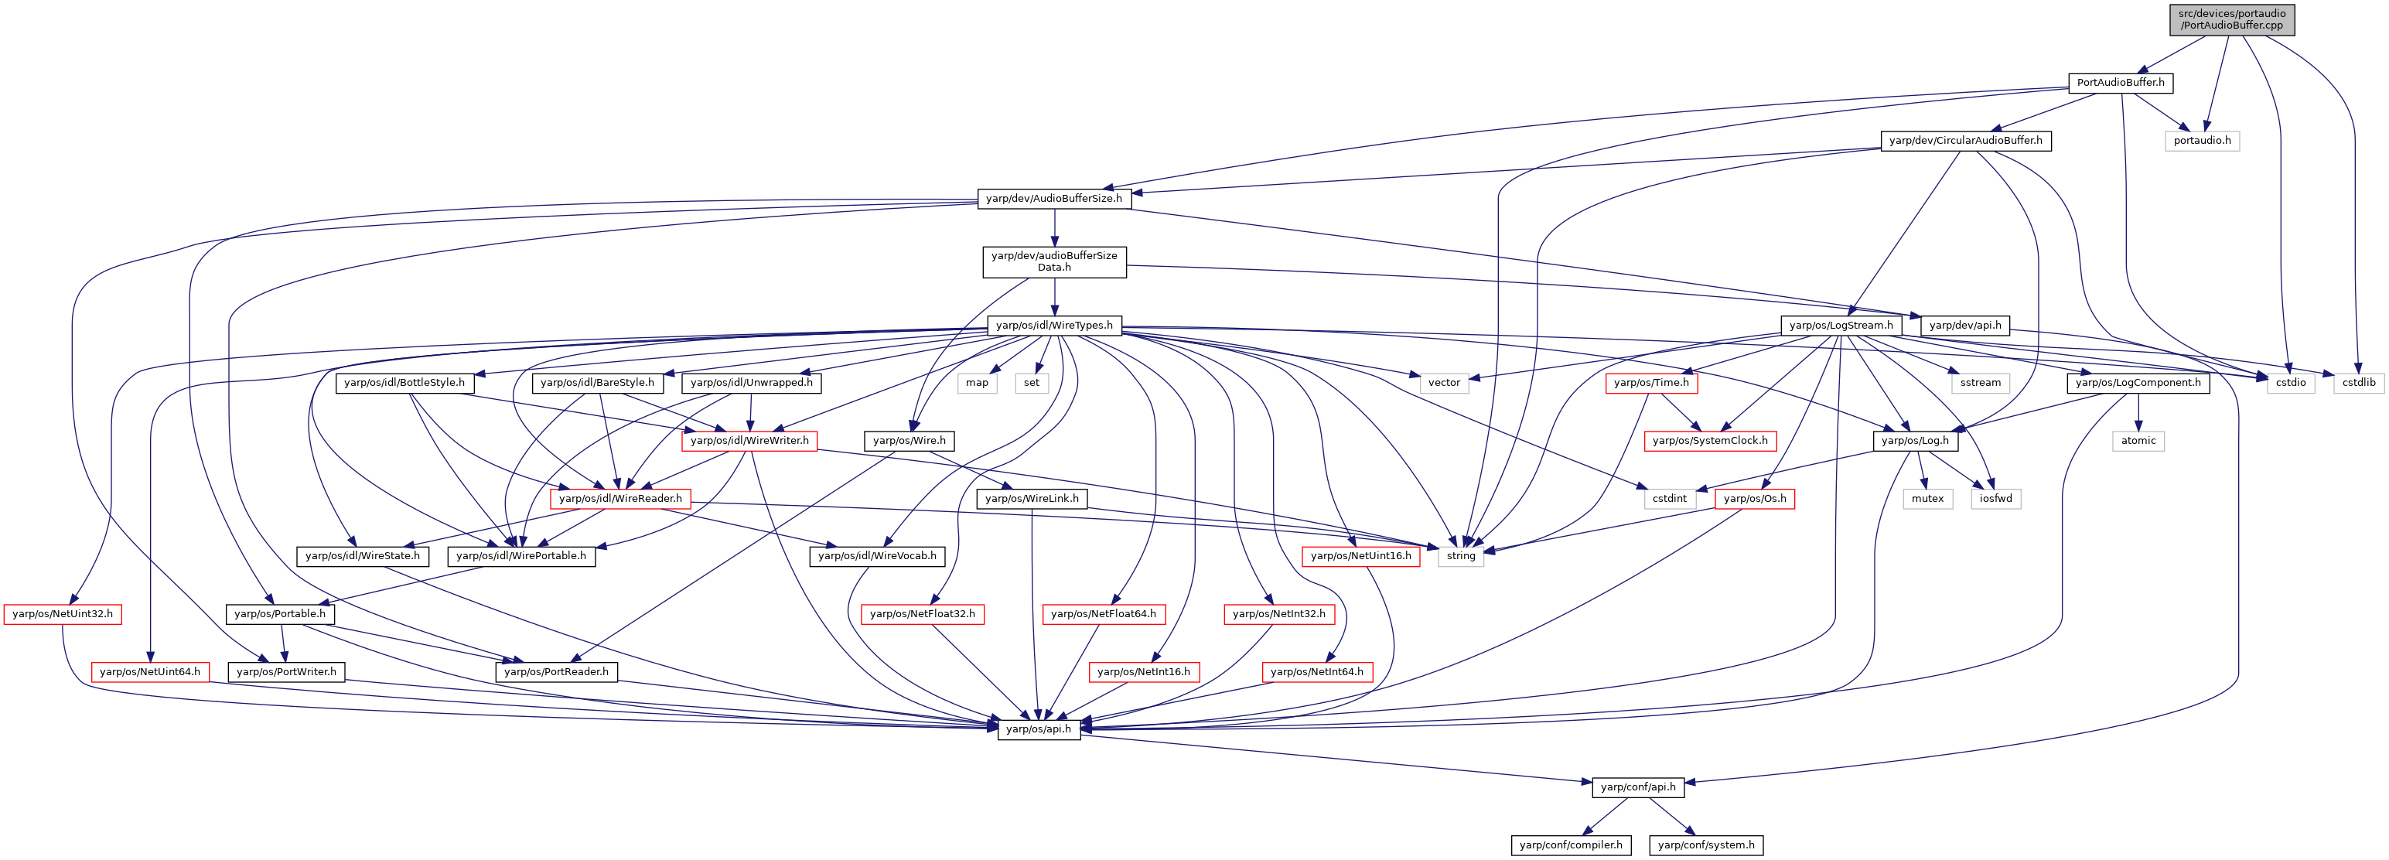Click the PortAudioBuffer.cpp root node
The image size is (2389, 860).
coord(2231,19)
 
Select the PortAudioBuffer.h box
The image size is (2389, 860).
coord(2120,83)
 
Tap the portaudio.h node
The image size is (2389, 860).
coord(2203,141)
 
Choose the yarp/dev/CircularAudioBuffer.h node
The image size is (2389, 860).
coord(1965,141)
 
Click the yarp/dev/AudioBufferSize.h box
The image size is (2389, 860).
coord(1053,199)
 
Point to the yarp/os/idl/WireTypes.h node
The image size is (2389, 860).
coord(1054,326)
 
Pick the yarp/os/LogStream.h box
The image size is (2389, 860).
coord(1841,326)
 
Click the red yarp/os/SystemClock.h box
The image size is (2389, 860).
coord(1710,441)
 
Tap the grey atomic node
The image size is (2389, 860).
coord(2138,441)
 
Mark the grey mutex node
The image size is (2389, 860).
coord(1927,499)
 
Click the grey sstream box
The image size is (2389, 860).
coord(1980,383)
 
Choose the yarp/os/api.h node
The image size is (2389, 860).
coord(1039,729)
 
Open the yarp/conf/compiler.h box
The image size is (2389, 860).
coord(1571,845)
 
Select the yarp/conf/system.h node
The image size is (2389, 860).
coord(1705,845)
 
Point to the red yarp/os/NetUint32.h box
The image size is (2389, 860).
coord(62,614)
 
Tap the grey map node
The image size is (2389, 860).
coord(977,383)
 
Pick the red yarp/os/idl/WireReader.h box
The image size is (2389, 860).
coord(620,499)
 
